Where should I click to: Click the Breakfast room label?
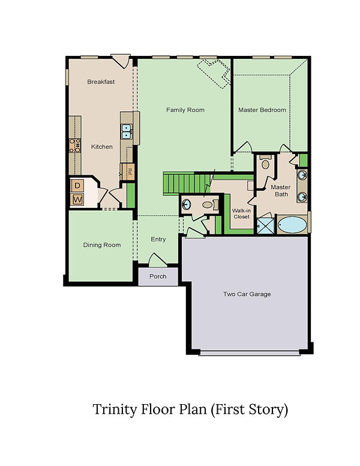(101, 82)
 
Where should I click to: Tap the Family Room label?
(185, 110)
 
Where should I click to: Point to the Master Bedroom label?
(262, 110)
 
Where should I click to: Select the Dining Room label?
(102, 245)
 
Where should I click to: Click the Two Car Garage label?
(247, 294)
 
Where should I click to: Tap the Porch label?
(158, 276)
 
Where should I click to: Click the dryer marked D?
(77, 186)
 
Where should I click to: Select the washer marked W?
(77, 199)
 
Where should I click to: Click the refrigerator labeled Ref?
(128, 172)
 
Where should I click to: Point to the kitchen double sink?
(127, 132)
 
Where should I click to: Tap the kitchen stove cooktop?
(74, 145)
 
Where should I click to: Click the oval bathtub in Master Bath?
(293, 225)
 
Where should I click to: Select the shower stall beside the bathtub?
(265, 226)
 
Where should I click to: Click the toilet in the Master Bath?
(265, 163)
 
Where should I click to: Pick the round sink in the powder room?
(186, 204)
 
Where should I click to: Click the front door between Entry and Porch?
(157, 260)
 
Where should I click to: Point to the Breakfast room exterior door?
(121, 61)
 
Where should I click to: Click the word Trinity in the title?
(115, 410)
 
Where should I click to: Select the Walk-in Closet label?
(241, 214)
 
